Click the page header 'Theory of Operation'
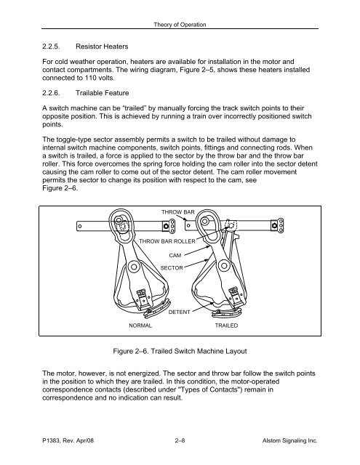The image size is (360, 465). pyautogui.click(x=180, y=25)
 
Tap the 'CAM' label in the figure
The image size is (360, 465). pyautogui.click(x=175, y=256)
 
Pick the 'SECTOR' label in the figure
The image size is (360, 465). pyautogui.click(x=172, y=268)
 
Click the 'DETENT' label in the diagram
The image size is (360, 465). pyautogui.click(x=179, y=312)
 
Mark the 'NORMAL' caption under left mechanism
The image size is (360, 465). pyautogui.click(x=140, y=327)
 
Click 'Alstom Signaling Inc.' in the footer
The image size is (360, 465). pyautogui.click(x=291, y=440)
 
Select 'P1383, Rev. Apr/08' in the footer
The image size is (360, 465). pyautogui.click(x=70, y=440)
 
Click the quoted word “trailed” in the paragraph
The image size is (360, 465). pyautogui.click(x=161, y=124)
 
